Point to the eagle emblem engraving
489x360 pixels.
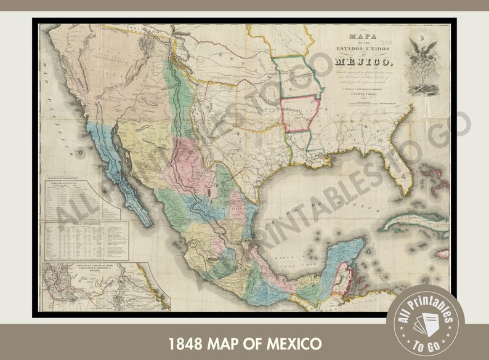[x=423, y=62]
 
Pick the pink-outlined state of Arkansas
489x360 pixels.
[x=302, y=114]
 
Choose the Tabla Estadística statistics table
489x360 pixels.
[x=86, y=240]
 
